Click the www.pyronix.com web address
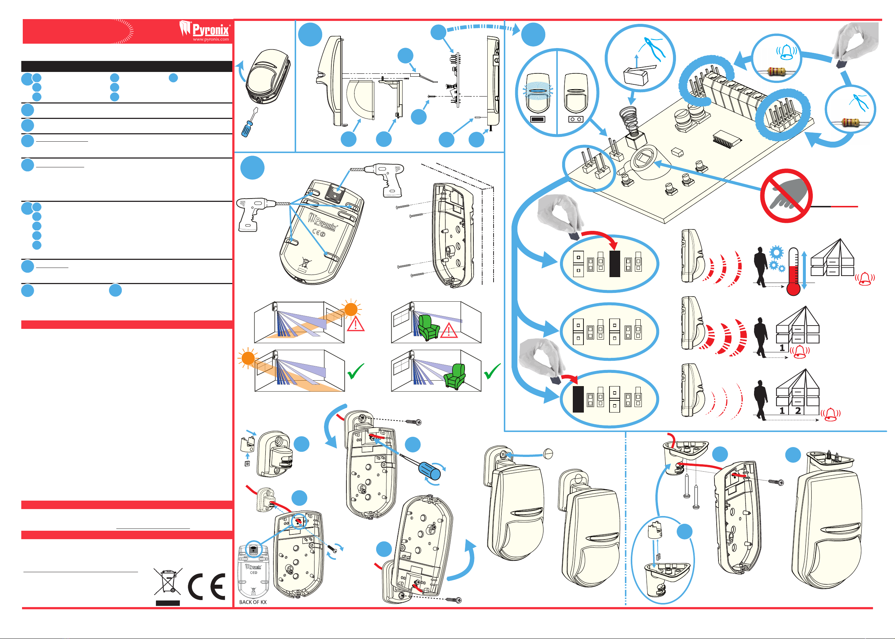(211, 39)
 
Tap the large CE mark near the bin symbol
(207, 586)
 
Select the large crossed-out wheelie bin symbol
(168, 581)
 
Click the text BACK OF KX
(253, 602)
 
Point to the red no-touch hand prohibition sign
(786, 196)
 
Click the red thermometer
(793, 272)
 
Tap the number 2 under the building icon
(798, 411)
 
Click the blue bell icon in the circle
(786, 52)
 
